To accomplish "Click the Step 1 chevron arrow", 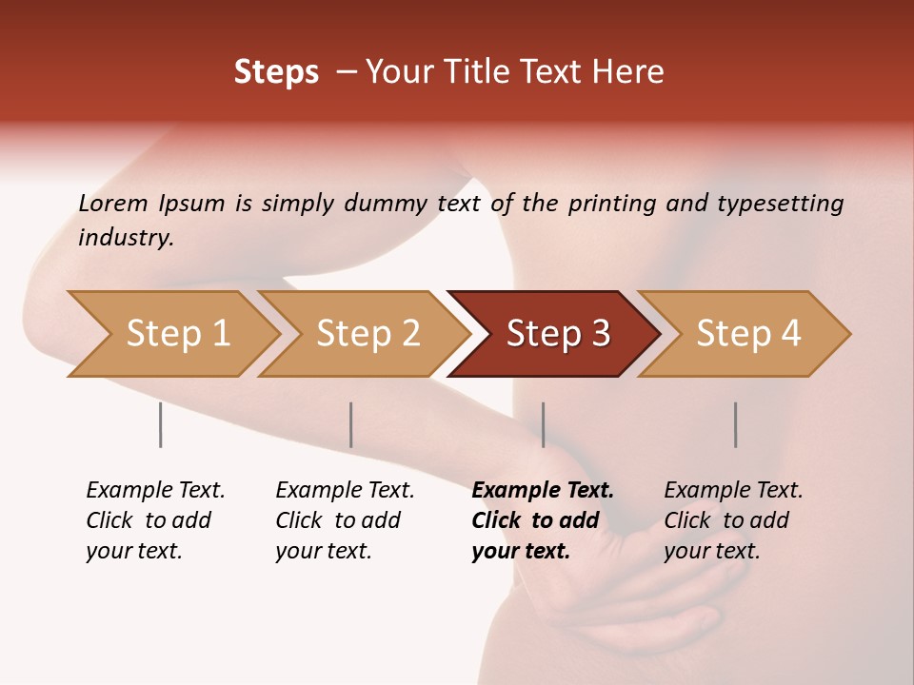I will [177, 334].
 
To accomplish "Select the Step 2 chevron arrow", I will [368, 334].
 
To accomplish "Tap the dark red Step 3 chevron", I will [557, 334].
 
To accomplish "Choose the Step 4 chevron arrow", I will [747, 334].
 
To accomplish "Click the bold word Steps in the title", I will [276, 72].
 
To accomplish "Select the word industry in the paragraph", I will [125, 238].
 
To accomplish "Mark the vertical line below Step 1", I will [160, 424].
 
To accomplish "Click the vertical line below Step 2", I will [351, 424].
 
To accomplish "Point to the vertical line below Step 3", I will [543, 424].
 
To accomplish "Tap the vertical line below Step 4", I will [735, 424].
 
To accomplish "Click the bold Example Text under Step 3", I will [543, 491].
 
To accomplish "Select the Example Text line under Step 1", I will [155, 491].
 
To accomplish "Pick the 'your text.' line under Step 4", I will [711, 552].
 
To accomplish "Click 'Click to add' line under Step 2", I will [338, 521].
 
